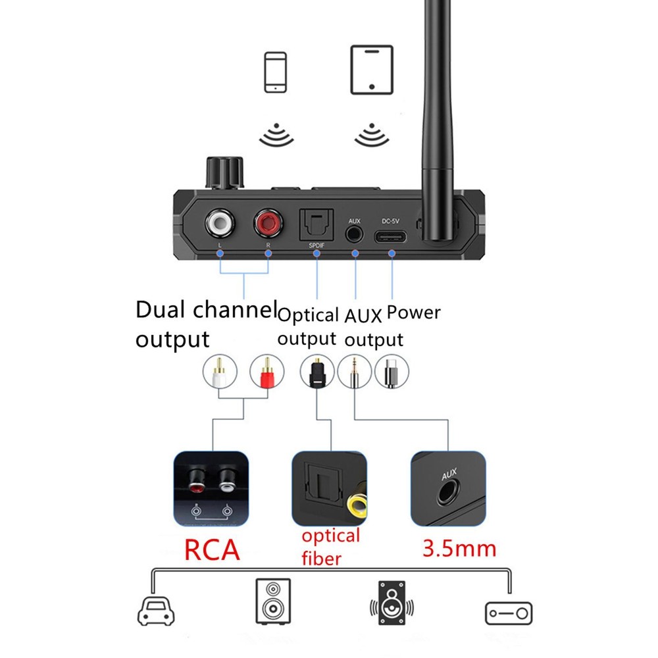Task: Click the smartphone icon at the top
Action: tap(274, 72)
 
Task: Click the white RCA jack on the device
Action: tap(220, 224)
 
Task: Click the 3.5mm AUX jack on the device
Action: tap(355, 233)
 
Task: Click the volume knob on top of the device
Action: tap(225, 172)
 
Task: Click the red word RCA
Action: tap(212, 550)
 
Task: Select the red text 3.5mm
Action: tap(459, 547)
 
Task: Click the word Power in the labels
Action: tap(413, 312)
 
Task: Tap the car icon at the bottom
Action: tap(156, 610)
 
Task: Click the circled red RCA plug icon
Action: tap(266, 372)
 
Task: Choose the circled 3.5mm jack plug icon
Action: tap(353, 372)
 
